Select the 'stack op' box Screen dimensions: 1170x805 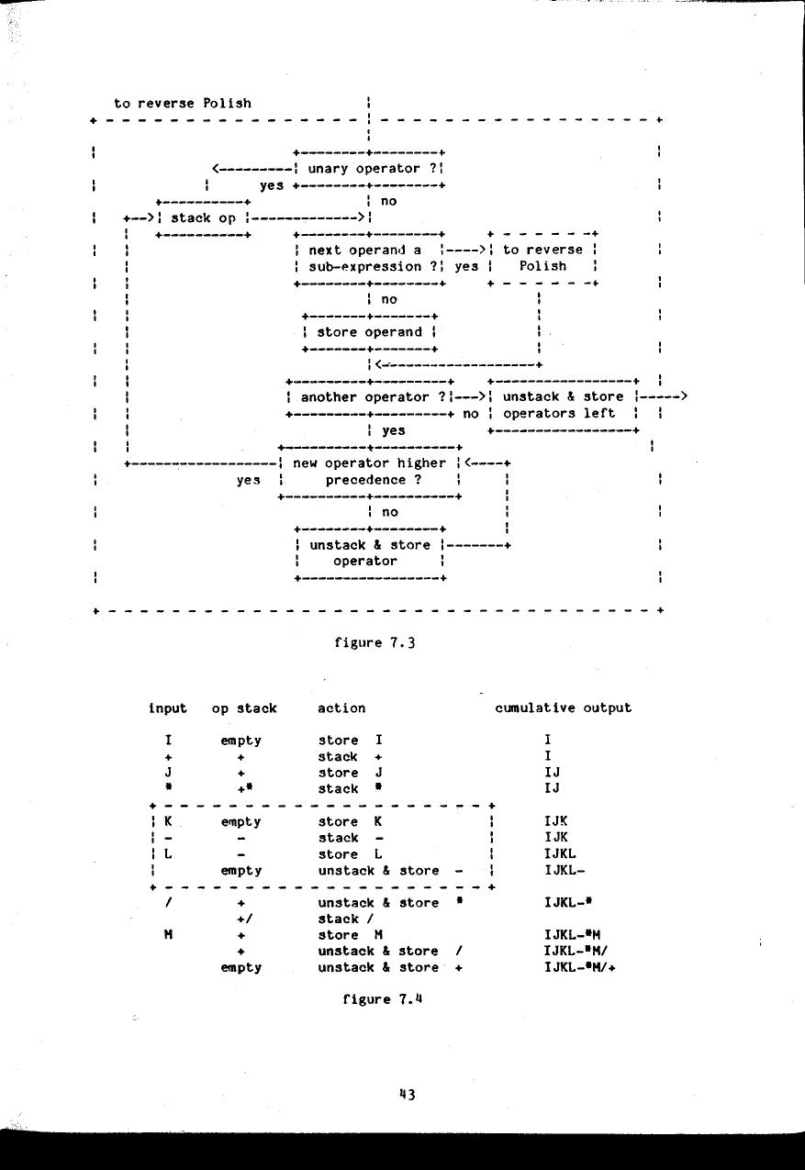pos(203,218)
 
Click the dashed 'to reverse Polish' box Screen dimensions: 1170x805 pos(543,258)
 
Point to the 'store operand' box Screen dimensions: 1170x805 pos(368,332)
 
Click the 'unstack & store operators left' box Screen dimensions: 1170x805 pos(563,406)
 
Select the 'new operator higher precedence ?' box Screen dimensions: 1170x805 pos(368,472)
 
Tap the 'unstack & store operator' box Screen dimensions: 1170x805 pos(367,553)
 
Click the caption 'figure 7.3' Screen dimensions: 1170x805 pos(375,642)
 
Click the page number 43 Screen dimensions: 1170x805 pos(408,1094)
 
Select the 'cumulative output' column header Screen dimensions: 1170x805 pos(563,708)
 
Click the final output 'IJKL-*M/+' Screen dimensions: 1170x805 pos(578,967)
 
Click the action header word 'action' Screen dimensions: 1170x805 pos(341,708)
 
